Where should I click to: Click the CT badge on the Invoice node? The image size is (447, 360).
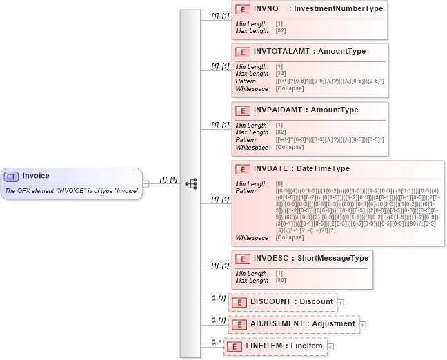pos(12,176)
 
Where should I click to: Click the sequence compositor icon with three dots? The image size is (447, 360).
pos(192,183)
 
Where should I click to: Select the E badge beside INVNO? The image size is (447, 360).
pos(243,9)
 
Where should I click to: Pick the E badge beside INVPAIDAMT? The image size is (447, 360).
pos(243,110)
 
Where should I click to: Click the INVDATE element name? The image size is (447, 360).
pos(270,168)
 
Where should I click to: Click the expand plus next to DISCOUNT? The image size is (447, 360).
pos(341,302)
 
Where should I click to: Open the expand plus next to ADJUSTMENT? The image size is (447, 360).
pos(363,323)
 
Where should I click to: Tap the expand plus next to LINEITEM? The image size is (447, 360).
pos(331,346)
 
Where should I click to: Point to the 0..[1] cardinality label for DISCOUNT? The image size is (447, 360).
pos(219,298)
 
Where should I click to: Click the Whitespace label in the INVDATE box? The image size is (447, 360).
pos(252,238)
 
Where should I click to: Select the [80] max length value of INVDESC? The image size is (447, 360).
pos(281,281)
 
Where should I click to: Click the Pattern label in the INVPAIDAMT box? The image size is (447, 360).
pos(246,140)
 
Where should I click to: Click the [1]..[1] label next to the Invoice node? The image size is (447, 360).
pos(168,179)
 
